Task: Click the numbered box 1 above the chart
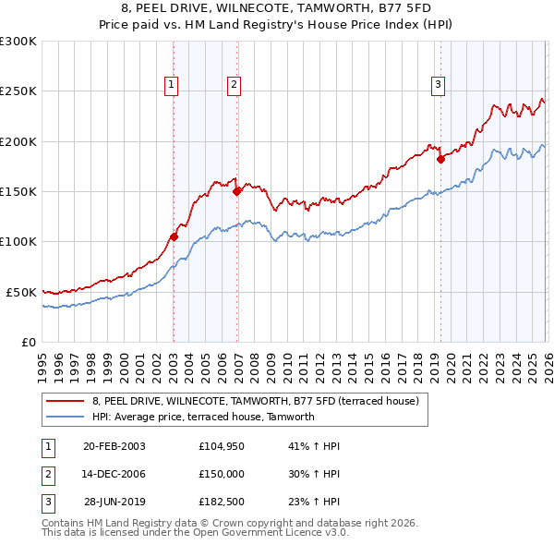coord(173,85)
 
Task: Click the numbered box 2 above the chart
coord(235,85)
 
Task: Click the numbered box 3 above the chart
coord(438,85)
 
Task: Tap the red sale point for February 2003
coord(174,236)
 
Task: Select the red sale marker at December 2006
coord(236,192)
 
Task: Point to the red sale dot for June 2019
coord(440,159)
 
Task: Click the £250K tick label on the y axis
coord(18,91)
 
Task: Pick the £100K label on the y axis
coord(18,241)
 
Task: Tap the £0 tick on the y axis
coord(28,341)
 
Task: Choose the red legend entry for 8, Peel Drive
coord(255,401)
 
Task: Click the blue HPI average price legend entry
coord(203,417)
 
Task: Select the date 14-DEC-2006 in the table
coord(114,474)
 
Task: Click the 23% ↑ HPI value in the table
coord(314,503)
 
